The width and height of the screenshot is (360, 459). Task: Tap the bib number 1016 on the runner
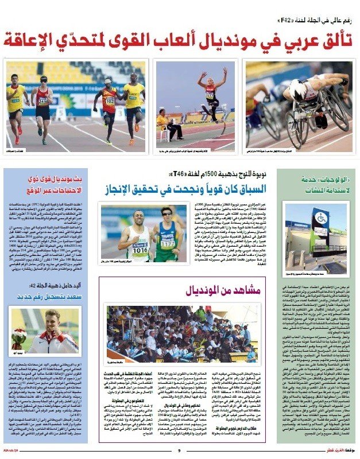coord(141,235)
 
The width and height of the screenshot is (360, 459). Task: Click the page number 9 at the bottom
coord(179,450)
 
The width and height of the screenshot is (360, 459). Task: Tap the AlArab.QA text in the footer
coord(12,450)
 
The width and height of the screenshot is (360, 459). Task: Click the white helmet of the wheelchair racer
coord(298,83)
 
